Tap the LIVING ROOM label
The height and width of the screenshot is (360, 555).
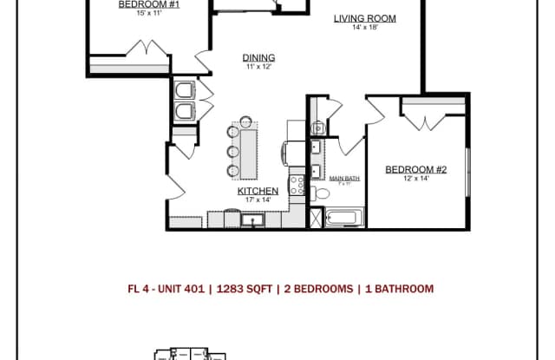click(x=364, y=18)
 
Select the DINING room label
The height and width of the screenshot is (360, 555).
click(x=258, y=58)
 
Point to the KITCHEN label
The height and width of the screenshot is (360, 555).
click(x=258, y=191)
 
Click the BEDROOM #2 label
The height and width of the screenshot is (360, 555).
click(x=415, y=170)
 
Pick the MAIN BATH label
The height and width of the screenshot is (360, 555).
click(x=344, y=179)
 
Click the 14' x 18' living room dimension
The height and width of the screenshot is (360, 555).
click(x=364, y=28)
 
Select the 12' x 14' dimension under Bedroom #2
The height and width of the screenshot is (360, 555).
click(x=415, y=179)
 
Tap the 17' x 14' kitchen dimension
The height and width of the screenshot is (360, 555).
click(x=258, y=200)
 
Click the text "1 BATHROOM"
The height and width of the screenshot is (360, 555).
click(x=395, y=289)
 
